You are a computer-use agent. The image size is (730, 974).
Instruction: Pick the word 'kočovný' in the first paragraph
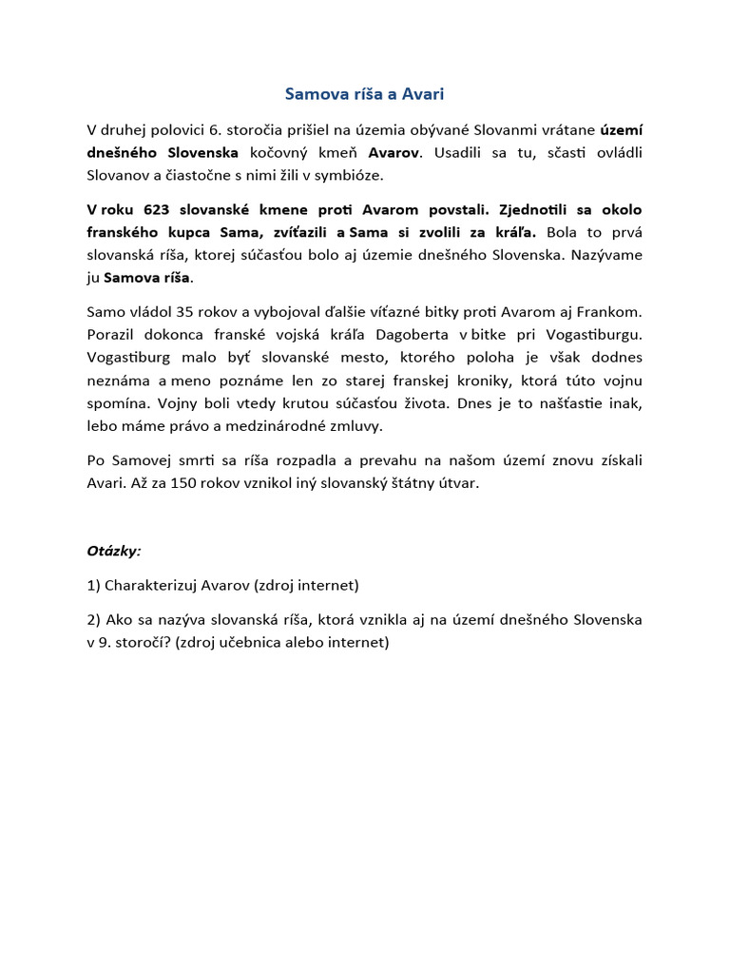(283, 152)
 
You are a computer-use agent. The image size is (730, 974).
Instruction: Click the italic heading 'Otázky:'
(114, 550)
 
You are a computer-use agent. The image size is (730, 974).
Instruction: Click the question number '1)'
(93, 585)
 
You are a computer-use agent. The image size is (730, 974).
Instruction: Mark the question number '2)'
(93, 619)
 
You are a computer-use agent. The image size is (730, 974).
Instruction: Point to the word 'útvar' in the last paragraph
(459, 482)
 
